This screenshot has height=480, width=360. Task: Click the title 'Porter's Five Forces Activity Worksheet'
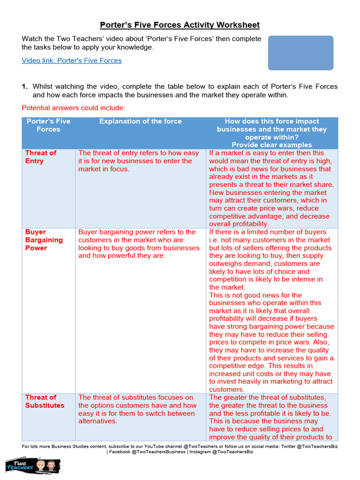click(180, 25)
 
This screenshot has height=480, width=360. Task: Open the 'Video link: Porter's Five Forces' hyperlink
click(72, 60)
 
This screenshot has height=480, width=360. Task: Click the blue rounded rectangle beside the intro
click(300, 53)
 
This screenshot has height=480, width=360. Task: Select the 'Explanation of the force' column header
click(140, 121)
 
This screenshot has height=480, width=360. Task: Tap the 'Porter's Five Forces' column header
click(48, 125)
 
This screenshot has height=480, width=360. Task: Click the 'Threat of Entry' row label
click(40, 157)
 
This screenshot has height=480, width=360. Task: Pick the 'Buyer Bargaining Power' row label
click(44, 240)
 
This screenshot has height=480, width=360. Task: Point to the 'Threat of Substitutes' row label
click(45, 401)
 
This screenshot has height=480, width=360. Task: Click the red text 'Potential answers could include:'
click(74, 108)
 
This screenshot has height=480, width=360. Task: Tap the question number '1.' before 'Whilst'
click(25, 87)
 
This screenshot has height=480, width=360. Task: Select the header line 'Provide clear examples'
click(271, 145)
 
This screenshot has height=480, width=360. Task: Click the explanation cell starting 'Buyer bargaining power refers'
click(139, 244)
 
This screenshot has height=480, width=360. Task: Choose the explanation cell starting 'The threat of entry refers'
click(139, 161)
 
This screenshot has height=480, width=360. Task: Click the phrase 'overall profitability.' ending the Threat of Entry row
click(239, 224)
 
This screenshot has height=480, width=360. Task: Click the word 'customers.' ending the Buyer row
click(227, 390)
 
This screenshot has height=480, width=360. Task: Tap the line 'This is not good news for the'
click(255, 295)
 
